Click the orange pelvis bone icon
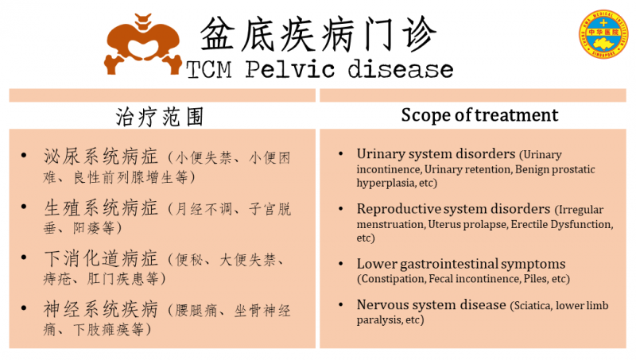click(143, 44)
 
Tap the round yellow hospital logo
click(603, 34)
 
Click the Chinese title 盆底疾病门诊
click(318, 35)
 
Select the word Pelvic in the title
click(290, 69)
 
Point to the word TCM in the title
click(209, 69)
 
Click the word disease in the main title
click(401, 69)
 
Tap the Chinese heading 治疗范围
click(160, 117)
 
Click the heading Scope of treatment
click(479, 115)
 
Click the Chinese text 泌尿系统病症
click(101, 157)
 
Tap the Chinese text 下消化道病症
click(101, 258)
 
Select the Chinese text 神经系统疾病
click(101, 309)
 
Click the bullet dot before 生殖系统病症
click(24, 207)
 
